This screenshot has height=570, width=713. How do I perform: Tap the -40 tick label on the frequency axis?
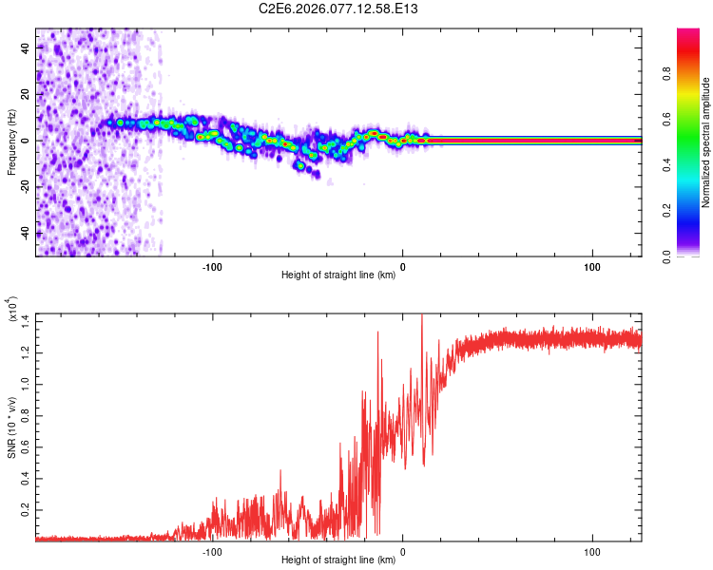coord(24,234)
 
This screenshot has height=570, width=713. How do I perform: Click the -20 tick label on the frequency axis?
coord(24,187)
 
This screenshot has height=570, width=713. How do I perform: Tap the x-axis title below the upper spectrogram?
coord(338,276)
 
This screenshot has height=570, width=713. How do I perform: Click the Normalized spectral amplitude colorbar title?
coord(706,142)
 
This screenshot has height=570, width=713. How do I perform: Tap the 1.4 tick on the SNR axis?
coord(24,319)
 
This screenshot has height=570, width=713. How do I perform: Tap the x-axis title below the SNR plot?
coord(338,561)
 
